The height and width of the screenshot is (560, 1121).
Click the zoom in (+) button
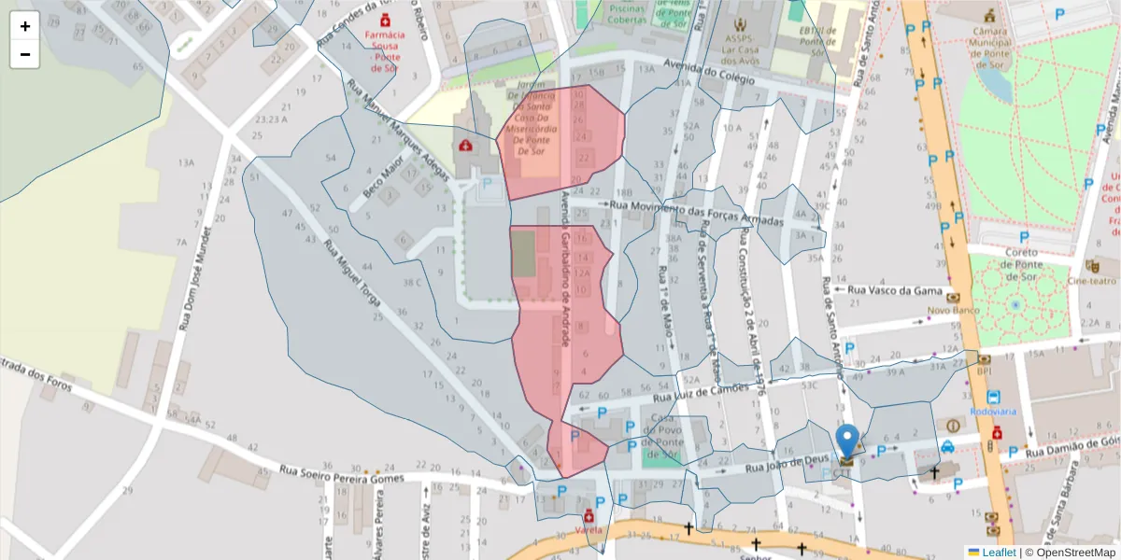click(25, 25)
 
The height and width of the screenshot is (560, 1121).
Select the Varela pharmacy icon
click(589, 516)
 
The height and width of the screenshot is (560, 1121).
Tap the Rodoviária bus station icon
click(992, 398)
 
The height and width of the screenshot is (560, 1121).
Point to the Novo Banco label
click(951, 309)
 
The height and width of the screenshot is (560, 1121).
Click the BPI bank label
click(984, 371)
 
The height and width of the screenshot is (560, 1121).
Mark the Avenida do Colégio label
click(708, 72)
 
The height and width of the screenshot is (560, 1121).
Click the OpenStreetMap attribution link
click(1071, 552)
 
